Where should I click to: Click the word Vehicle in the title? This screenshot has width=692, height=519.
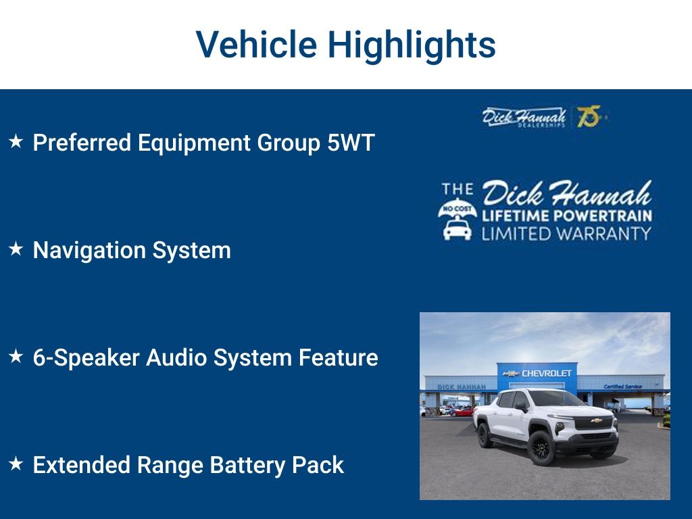[256, 44]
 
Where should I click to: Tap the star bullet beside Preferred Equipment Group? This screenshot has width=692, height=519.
[16, 142]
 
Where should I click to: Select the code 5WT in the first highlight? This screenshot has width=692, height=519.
[351, 143]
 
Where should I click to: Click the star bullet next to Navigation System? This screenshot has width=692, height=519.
[16, 249]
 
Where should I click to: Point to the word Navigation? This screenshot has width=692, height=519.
[90, 251]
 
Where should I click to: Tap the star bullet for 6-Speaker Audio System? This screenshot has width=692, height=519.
[16, 356]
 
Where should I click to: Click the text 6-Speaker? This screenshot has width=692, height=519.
[86, 358]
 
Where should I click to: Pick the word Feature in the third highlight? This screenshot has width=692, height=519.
[339, 357]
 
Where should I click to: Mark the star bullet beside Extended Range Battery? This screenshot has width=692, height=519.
[16, 464]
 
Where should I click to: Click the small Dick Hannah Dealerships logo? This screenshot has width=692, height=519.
[524, 118]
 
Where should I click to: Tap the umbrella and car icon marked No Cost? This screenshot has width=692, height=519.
[458, 219]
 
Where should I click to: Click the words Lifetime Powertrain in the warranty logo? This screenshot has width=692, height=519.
[567, 216]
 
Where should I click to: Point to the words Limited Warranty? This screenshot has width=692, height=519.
[567, 233]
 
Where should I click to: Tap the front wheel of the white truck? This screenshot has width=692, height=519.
[541, 447]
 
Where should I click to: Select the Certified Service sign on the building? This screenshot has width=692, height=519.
[622, 387]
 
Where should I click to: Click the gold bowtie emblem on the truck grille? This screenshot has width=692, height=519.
[597, 420]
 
